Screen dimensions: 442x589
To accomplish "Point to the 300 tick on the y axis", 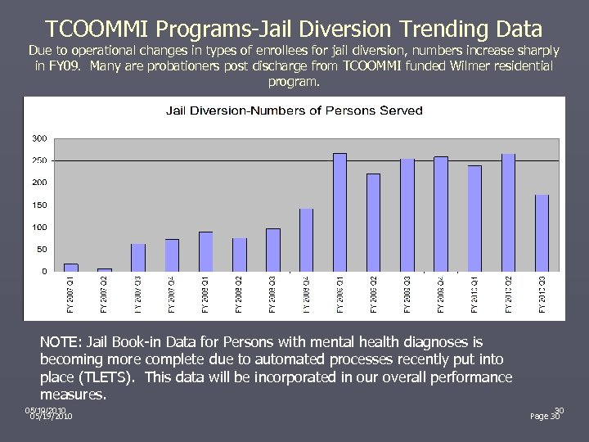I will coord(39,138).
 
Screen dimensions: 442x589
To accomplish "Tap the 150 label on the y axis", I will coord(39,205).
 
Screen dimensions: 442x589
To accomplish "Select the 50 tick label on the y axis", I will coord(41,249).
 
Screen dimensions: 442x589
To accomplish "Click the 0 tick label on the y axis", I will coord(44,271).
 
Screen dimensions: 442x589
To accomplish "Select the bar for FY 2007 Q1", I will coord(71,267).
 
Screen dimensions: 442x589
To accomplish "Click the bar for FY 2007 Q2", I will coord(105,269).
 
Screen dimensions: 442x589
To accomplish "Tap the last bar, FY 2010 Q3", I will coord(542,232).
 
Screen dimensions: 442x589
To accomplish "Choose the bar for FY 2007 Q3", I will coord(138,257).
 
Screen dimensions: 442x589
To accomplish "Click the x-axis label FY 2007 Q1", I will coord(71,295).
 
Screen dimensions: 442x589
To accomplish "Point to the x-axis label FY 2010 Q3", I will coord(542,295).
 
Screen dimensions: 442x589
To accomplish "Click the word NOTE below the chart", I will coord(58,341).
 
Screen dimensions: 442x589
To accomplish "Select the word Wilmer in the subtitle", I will coord(424,65).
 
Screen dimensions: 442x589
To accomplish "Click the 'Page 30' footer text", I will coord(545,416).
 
